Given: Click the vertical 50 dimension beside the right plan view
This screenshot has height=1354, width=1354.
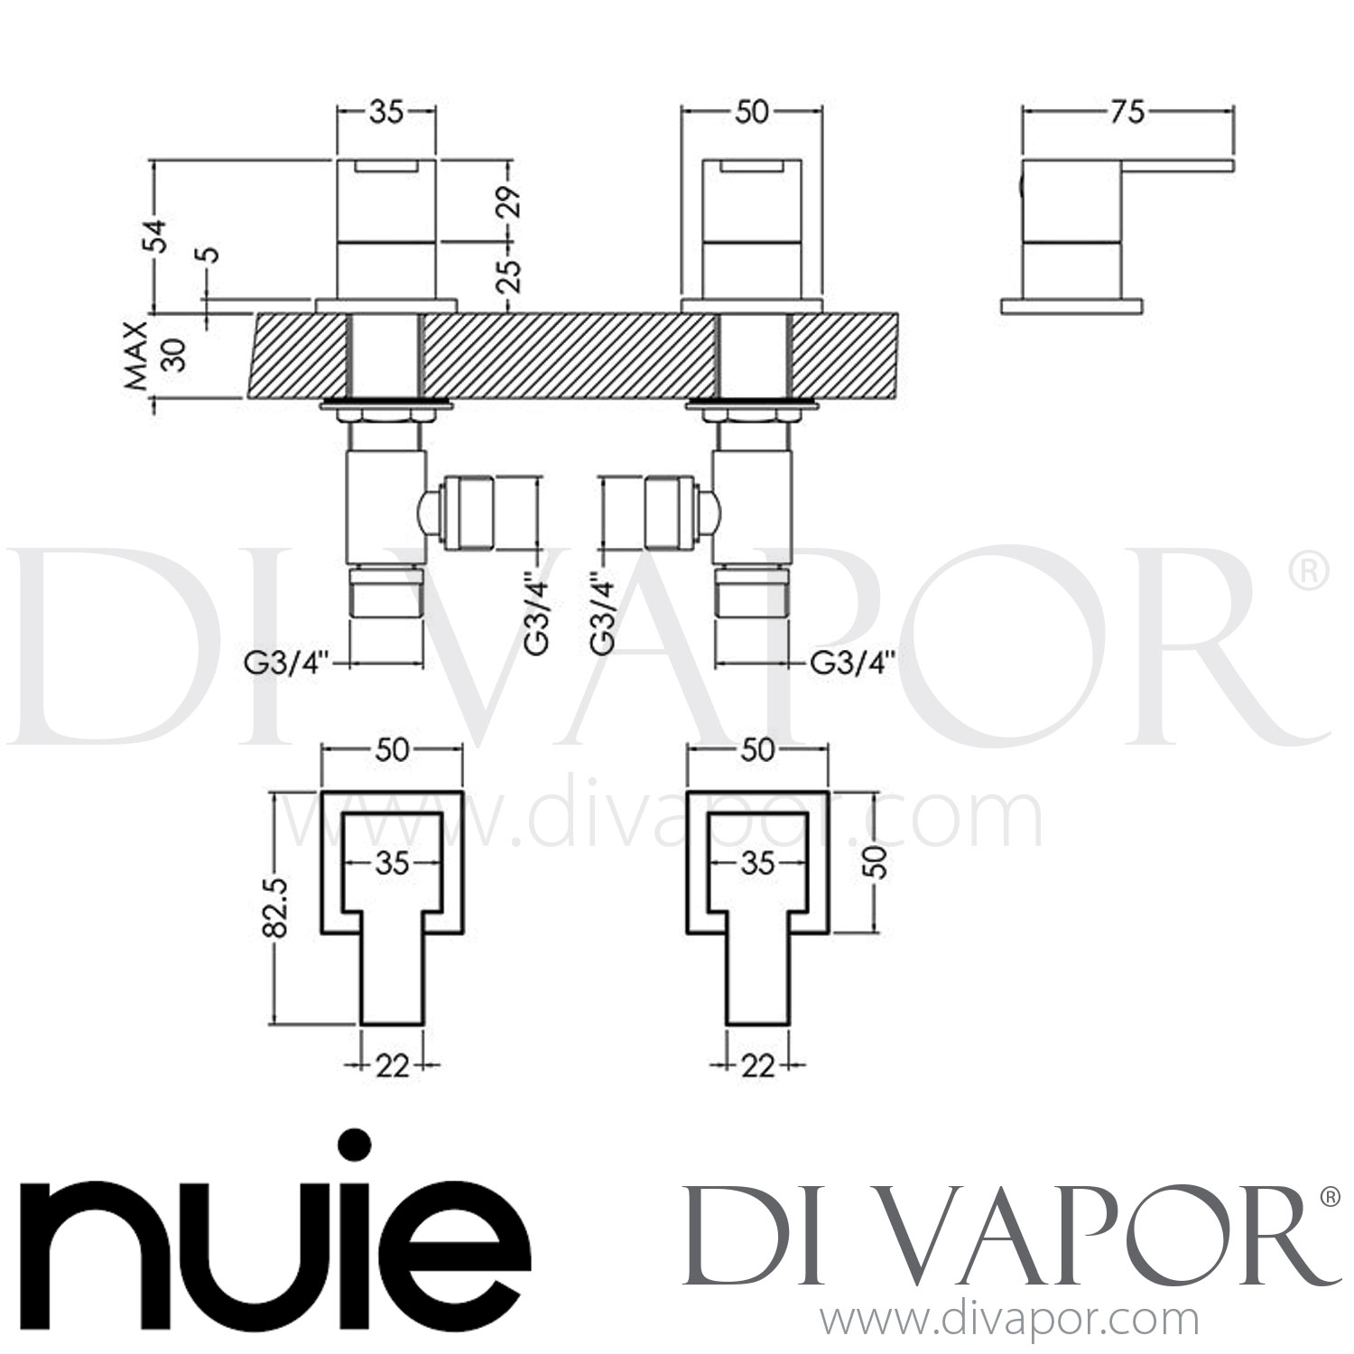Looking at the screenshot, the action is [x=876, y=862].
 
